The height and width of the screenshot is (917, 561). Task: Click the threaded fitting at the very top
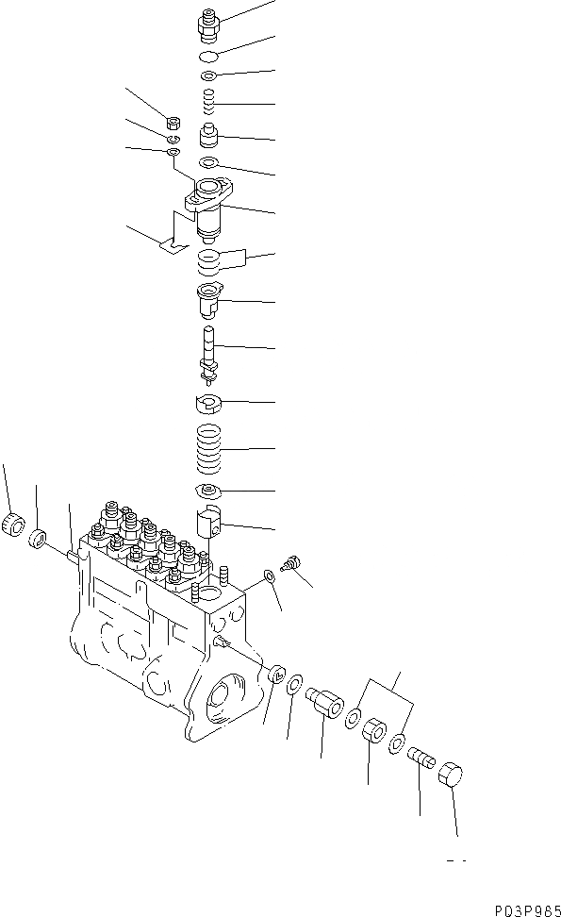click(210, 24)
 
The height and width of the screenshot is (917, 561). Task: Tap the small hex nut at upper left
click(173, 121)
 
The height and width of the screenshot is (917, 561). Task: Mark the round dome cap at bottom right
click(449, 779)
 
